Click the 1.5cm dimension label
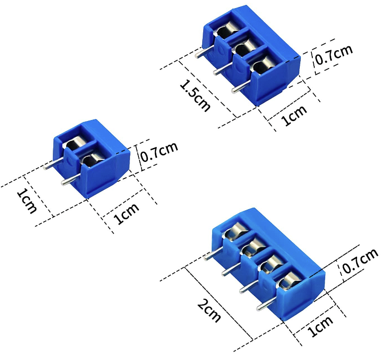coord(195,95)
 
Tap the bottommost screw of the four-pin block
coord(288,283)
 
